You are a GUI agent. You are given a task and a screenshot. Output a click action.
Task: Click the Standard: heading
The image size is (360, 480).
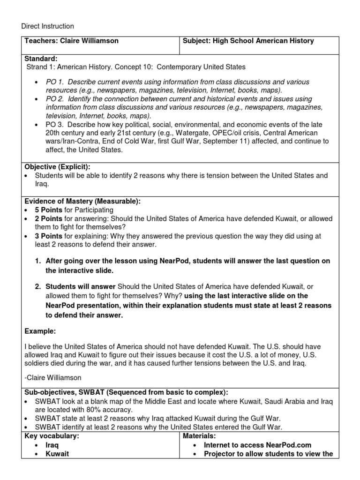click(41, 59)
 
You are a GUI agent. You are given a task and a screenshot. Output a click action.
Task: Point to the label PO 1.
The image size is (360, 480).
click(54, 82)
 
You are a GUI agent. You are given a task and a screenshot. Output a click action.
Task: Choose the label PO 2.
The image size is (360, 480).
click(54, 99)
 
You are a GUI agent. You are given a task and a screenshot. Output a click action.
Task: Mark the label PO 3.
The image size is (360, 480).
click(54, 124)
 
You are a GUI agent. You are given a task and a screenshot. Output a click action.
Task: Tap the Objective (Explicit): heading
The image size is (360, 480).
click(57, 167)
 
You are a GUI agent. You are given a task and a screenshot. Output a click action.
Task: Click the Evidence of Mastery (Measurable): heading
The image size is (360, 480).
click(82, 201)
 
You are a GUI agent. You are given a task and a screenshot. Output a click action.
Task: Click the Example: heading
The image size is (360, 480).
click(40, 331)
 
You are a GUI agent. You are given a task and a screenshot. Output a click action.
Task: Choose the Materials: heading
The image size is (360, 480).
click(200, 436)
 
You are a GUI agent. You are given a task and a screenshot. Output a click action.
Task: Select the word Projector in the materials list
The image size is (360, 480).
click(220, 454)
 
